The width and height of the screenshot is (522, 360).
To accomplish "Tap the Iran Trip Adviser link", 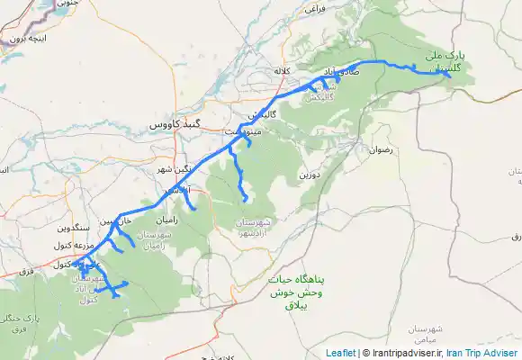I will pyautogui.click(x=488, y=354).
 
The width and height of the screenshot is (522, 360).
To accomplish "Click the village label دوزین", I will pyautogui.click(x=310, y=174).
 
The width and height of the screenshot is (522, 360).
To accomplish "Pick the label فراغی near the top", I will pyautogui.click(x=313, y=7).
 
